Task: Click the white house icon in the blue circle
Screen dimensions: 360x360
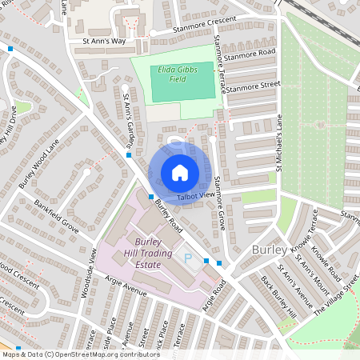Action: coord(180,172)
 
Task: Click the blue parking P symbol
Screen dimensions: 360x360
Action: coord(189,258)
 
